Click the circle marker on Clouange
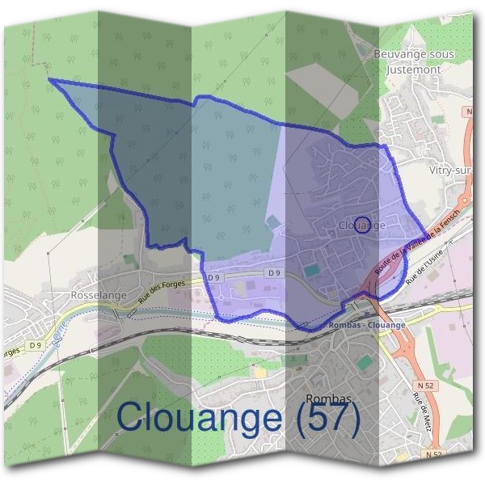[x=363, y=224]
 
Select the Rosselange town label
[x=99, y=295]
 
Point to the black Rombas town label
[x=329, y=399]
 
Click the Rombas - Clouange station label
[x=368, y=325]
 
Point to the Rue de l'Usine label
[x=424, y=267]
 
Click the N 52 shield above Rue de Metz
[x=428, y=386]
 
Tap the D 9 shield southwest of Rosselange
[x=35, y=345]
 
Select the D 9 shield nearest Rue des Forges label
[x=213, y=277]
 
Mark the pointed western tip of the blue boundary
[x=50, y=79]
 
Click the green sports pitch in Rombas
[x=366, y=361]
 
